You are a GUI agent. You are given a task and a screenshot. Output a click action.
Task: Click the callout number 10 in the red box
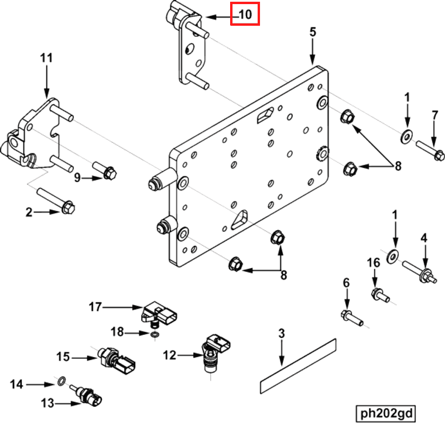tap(245, 14)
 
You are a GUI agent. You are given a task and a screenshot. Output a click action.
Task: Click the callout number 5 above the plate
tap(313, 32)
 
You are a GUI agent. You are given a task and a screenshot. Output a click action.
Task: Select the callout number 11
tap(46, 58)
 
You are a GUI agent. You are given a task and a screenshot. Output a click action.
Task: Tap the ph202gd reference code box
tap(386, 413)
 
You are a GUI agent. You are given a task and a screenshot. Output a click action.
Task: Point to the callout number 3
tap(281, 334)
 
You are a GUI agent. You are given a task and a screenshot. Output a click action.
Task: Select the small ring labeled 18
tap(155, 334)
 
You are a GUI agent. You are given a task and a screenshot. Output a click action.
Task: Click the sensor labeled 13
tap(88, 395)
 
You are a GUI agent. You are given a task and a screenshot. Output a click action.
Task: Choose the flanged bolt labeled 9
tap(108, 173)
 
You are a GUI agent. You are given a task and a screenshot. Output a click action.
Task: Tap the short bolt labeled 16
tap(381, 295)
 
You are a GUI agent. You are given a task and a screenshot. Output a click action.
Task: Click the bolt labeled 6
tap(352, 319)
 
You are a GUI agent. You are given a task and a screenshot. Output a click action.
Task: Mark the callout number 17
tap(95, 306)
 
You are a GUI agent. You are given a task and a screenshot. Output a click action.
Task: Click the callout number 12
tap(169, 354)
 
